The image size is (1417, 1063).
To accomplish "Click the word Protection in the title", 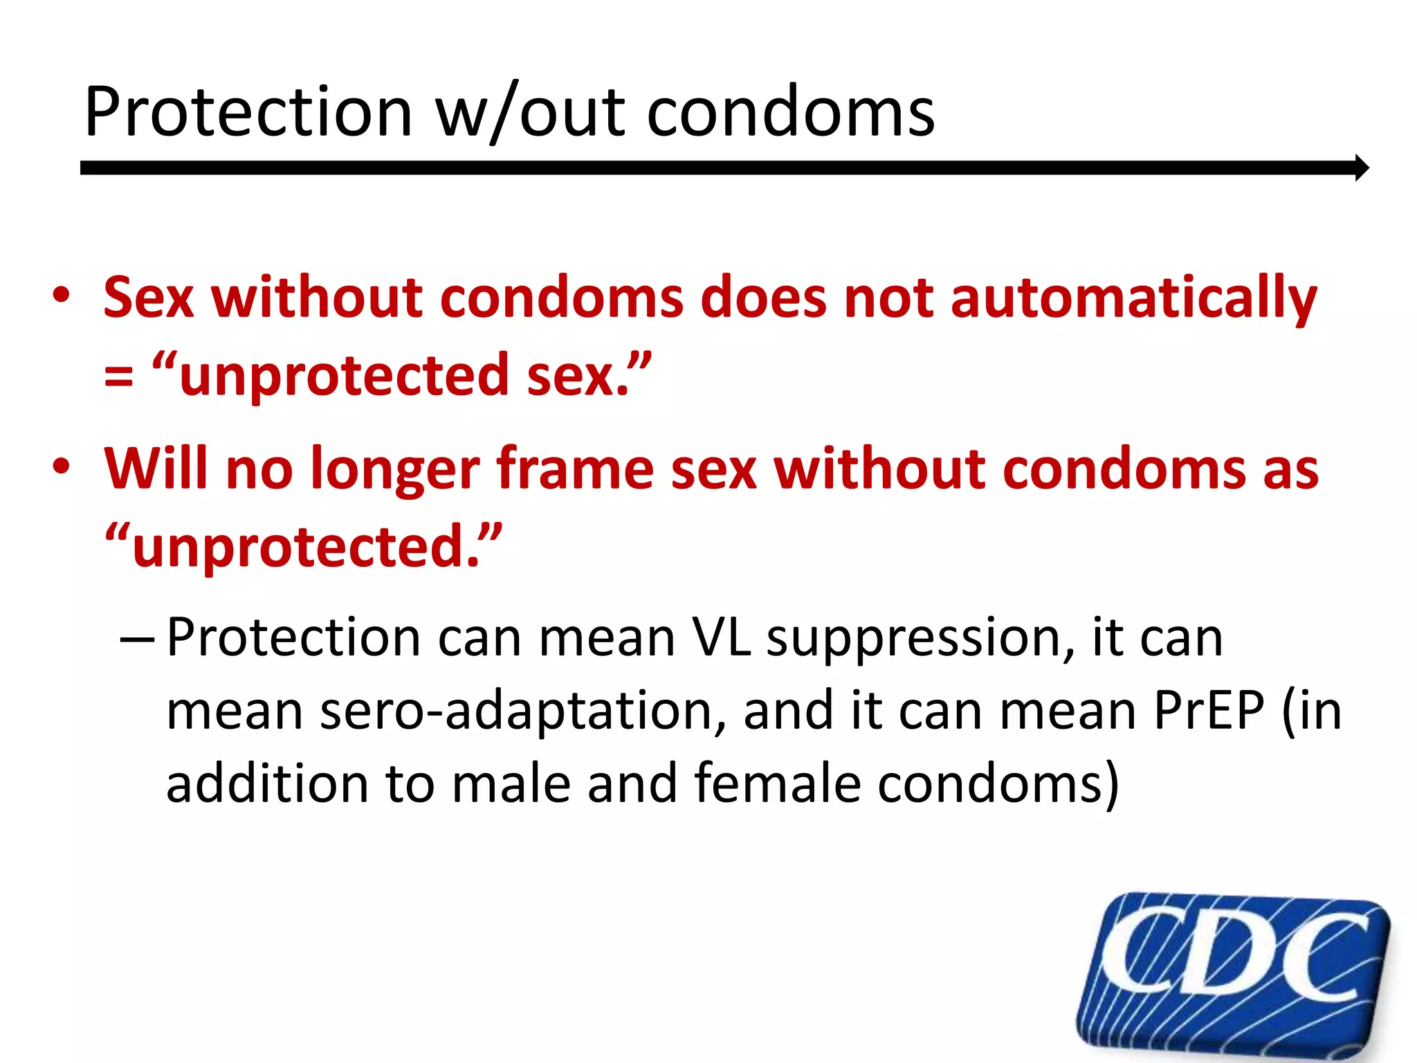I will (x=248, y=113).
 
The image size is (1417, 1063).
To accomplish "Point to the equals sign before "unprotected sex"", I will (x=118, y=377).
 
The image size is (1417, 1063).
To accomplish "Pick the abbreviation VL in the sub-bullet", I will (x=720, y=637).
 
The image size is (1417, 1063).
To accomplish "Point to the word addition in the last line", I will (x=267, y=784).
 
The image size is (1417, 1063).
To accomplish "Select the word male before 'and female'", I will (x=512, y=784).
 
